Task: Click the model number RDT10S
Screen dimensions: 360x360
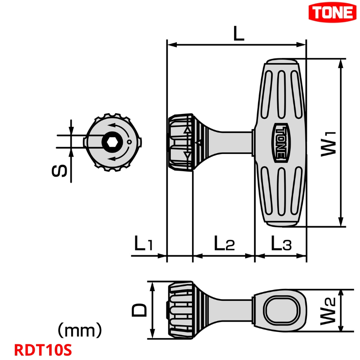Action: pos(43,350)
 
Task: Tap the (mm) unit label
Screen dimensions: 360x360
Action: pos(80,331)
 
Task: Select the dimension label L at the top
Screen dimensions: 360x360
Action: pos(238,34)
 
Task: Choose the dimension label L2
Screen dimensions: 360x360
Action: pos(224,244)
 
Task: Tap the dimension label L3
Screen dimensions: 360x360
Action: pos(281,244)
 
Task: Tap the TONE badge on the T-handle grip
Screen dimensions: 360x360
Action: pos(280,142)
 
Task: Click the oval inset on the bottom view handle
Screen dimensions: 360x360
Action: pos(280,310)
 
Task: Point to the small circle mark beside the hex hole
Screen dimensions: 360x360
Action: pos(129,142)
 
